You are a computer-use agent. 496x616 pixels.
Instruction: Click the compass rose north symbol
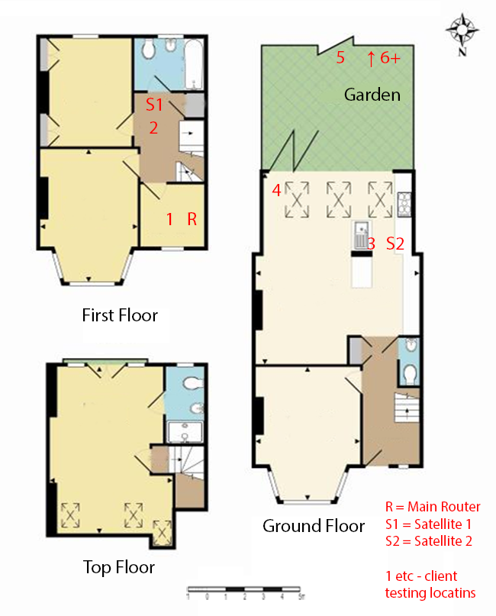click(462, 34)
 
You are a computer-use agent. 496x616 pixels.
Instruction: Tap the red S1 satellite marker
click(154, 105)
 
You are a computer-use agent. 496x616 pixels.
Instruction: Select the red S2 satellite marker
click(395, 243)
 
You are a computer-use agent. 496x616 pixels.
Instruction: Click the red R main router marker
click(192, 219)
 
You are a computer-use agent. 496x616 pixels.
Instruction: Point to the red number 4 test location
click(276, 191)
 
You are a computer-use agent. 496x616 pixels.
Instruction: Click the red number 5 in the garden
click(340, 58)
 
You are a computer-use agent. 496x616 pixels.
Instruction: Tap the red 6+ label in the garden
click(390, 58)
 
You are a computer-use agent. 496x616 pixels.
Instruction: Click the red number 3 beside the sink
click(371, 244)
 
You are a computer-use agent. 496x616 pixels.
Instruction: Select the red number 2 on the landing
click(153, 128)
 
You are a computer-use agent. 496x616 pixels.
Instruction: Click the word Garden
click(372, 95)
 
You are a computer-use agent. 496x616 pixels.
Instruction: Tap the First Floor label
click(120, 315)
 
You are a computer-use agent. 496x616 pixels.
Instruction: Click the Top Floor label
click(119, 567)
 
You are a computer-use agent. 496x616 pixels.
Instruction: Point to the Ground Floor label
click(314, 526)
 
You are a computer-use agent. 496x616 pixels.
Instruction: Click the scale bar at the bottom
click(244, 589)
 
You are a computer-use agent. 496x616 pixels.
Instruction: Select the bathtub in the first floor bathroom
click(194, 63)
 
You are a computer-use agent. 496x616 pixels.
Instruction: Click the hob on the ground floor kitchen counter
click(404, 205)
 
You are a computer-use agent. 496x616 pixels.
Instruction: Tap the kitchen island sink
click(361, 235)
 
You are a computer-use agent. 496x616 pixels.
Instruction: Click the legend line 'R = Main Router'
click(433, 507)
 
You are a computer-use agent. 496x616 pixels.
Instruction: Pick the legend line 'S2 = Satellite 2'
click(428, 541)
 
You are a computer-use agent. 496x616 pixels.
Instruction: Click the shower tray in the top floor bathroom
click(185, 432)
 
